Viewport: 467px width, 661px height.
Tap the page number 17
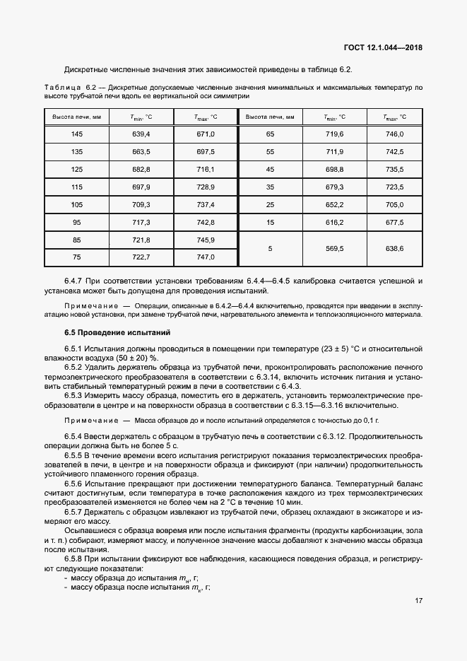418,601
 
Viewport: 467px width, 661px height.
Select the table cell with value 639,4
141,134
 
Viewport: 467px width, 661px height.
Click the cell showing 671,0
206,134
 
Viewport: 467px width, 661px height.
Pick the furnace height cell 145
77,134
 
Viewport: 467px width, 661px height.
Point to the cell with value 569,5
334,249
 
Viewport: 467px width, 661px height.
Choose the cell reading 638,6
393,249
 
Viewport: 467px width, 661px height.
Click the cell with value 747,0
206,257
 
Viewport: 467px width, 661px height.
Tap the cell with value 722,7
141,257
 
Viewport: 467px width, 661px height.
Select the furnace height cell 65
270,134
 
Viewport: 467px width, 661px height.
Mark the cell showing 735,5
393,169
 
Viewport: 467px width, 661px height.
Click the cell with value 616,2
334,222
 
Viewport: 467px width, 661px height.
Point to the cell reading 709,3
141,204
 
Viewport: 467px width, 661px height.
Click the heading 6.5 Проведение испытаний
117,332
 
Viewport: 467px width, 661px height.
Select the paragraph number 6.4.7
76,281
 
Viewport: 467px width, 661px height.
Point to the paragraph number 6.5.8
76,559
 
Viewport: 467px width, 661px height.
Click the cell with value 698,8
334,169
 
